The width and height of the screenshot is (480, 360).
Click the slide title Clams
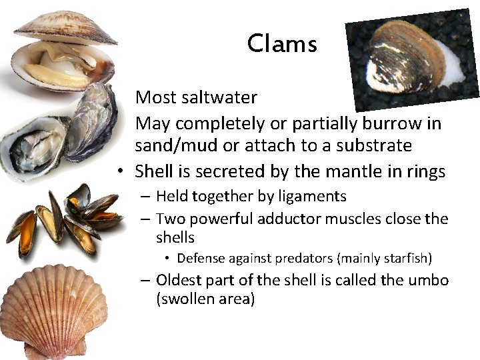(x=282, y=44)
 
